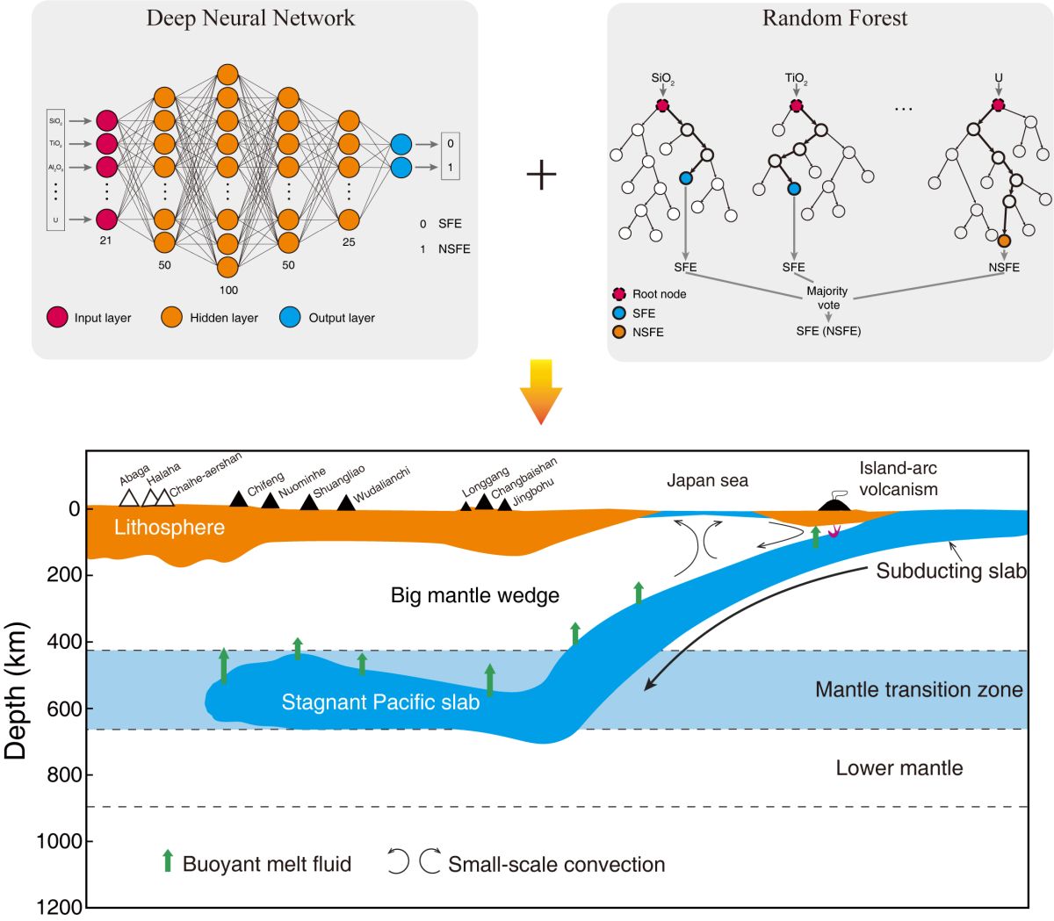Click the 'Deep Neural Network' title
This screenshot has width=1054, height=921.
250,18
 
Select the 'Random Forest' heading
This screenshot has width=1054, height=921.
834,18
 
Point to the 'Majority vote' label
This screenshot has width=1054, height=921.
827,298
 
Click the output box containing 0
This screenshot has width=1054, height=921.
451,144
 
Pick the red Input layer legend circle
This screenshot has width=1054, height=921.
57,318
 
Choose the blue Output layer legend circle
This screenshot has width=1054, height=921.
290,318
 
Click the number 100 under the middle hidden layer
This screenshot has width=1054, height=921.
227,290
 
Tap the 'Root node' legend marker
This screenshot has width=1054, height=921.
618,294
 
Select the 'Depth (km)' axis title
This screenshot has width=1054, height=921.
17,690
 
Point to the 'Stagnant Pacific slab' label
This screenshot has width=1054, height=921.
380,702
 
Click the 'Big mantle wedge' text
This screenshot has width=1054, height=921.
474,596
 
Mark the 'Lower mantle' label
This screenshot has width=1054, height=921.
899,768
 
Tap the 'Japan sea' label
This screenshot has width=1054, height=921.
707,480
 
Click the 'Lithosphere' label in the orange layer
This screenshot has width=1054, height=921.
169,528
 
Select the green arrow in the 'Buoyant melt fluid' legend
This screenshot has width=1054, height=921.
167,861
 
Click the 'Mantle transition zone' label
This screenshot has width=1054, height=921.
919,690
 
